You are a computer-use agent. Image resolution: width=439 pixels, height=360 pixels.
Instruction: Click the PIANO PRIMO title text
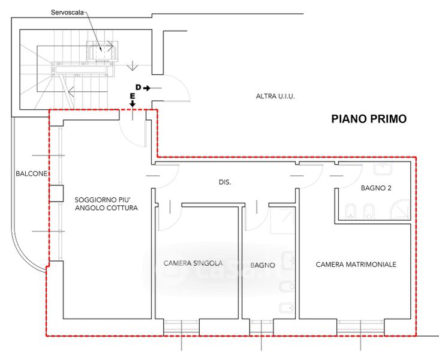tap(369, 119)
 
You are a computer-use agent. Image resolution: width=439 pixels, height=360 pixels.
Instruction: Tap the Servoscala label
tap(67, 13)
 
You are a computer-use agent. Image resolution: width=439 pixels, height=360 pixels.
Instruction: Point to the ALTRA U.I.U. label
tap(275, 97)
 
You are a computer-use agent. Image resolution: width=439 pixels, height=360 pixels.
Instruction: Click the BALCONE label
tap(31, 173)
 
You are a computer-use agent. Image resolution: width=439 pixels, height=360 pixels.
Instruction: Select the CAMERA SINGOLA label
tap(193, 263)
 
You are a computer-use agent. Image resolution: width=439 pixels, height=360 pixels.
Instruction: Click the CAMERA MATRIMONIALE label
tap(356, 265)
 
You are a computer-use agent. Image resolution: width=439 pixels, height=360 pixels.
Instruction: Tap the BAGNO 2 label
tap(376, 188)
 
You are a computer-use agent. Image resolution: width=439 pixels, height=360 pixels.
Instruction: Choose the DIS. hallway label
tap(225, 182)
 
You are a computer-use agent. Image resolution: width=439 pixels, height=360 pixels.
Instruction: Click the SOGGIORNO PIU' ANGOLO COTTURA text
tap(106, 204)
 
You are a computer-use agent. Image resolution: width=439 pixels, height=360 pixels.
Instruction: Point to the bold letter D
tap(139, 88)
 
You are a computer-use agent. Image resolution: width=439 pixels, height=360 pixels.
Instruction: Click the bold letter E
tap(133, 97)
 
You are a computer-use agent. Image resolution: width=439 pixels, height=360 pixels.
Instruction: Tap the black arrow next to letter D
tap(147, 88)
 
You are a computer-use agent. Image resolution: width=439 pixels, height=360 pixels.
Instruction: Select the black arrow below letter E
tap(133, 103)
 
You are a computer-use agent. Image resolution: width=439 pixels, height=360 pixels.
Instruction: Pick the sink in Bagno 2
tap(383, 169)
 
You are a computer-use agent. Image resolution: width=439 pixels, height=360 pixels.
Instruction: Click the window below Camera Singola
tap(182, 327)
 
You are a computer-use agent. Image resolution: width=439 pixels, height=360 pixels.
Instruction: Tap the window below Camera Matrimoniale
tap(360, 327)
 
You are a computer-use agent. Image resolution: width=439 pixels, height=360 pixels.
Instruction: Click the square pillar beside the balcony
tap(56, 193)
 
